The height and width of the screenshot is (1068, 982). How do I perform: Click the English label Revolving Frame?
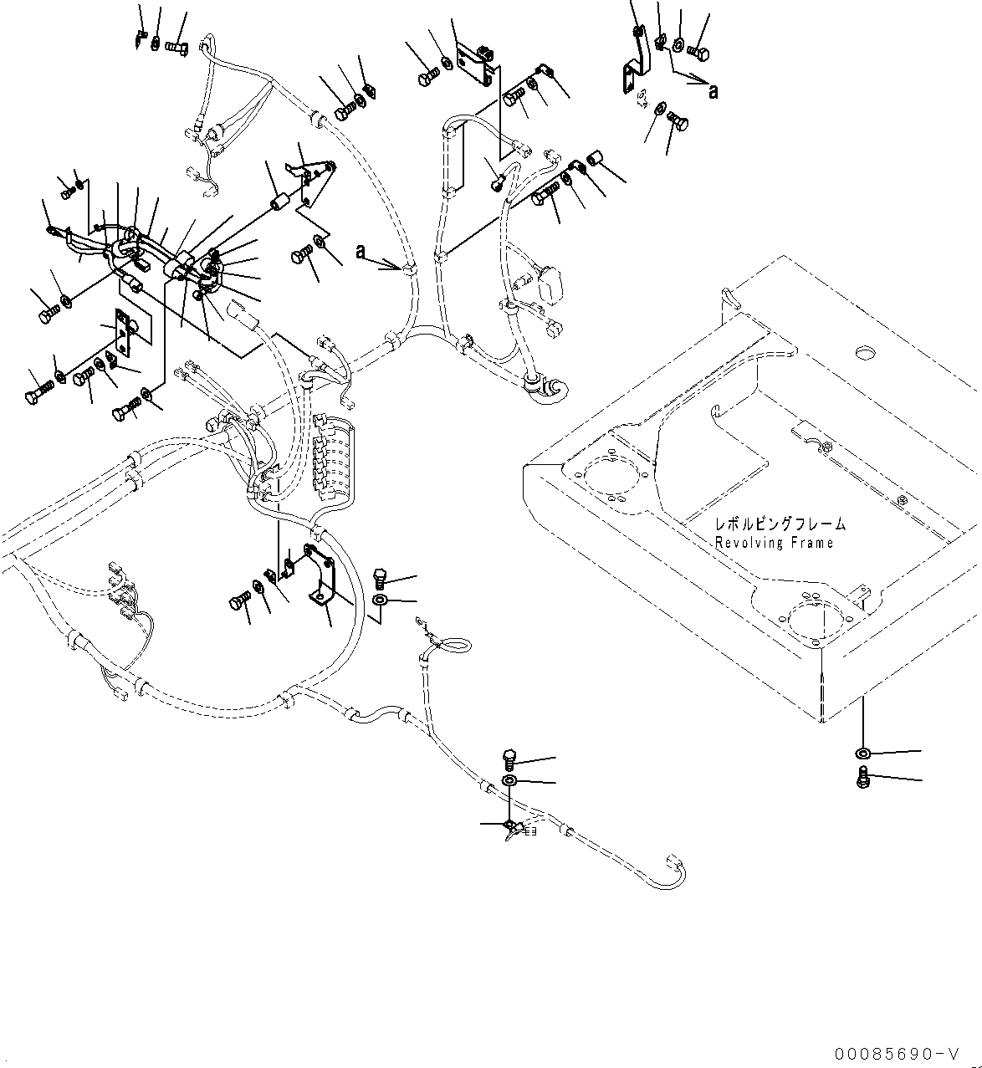(x=774, y=544)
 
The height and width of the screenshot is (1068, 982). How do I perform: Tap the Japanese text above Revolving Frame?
(x=780, y=525)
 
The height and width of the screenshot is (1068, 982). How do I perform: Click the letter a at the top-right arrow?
(x=713, y=91)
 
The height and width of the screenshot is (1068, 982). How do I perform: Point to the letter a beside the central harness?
(x=361, y=251)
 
